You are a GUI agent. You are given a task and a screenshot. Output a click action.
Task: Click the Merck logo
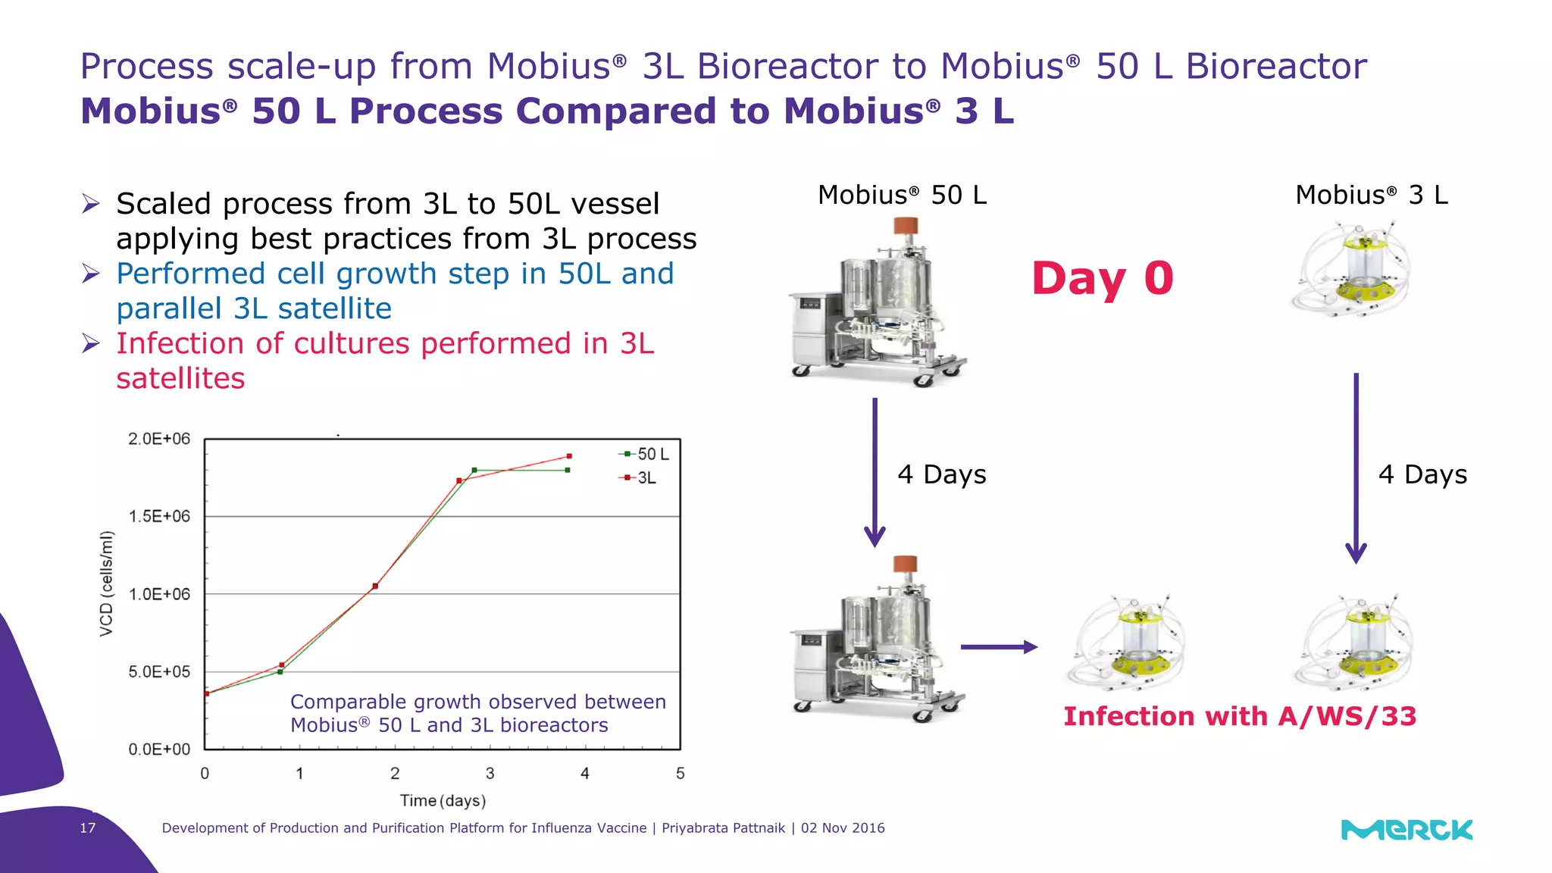pos(1406,830)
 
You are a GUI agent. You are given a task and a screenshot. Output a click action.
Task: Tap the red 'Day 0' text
pos(1102,278)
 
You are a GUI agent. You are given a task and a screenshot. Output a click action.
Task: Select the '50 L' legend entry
pos(645,454)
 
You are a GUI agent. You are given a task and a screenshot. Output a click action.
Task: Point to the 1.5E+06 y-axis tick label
pos(159,517)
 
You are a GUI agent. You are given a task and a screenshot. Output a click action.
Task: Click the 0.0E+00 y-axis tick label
pos(159,749)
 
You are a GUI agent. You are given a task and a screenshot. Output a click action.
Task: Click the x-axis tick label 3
pos(490,774)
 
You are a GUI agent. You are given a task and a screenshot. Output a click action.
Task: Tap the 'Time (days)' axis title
pos(443,800)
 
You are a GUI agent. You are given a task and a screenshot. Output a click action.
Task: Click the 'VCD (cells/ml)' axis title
pos(107,584)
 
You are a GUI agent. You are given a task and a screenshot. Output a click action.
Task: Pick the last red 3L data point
pos(569,456)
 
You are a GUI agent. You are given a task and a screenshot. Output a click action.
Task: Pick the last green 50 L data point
pos(568,470)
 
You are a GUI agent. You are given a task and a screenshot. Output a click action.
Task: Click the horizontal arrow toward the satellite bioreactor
pos(998,647)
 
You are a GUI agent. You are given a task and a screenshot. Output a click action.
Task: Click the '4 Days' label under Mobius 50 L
pos(941,474)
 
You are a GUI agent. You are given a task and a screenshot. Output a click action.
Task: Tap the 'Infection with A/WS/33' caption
pos(1239,716)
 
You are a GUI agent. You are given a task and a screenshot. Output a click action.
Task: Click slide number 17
pos(88,828)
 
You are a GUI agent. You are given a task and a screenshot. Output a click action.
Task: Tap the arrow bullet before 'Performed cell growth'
pos(91,274)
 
